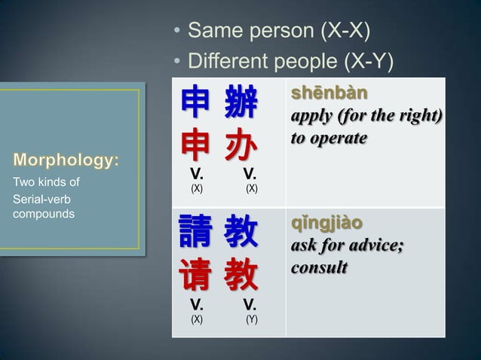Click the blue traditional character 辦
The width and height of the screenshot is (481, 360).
click(x=240, y=103)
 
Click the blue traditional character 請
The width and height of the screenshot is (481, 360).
click(x=195, y=233)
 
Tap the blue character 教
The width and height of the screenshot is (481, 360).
click(x=240, y=233)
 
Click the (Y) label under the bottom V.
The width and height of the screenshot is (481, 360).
click(x=252, y=319)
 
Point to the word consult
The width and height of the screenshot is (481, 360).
click(x=320, y=268)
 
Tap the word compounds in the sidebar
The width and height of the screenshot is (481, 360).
click(x=41, y=214)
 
